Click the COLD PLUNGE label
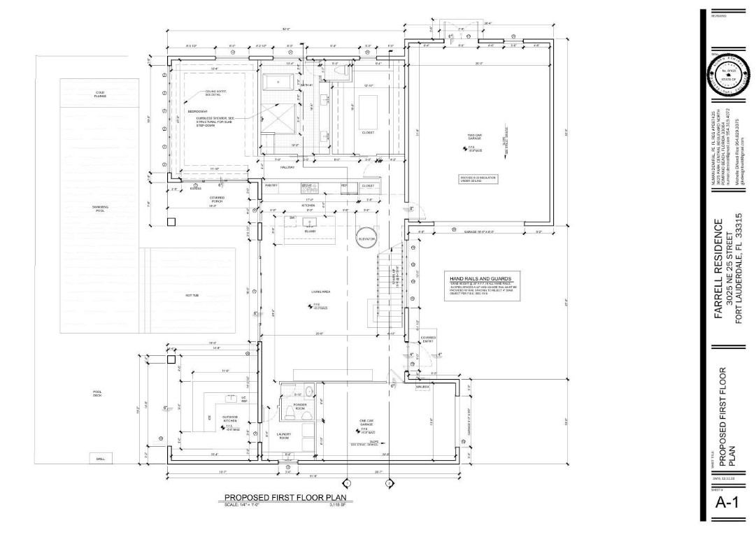click(x=101, y=94)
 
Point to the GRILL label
click(x=100, y=459)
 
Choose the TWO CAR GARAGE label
click(x=476, y=138)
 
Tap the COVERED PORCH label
click(x=217, y=199)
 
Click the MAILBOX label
click(x=422, y=387)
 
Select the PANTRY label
click(x=271, y=185)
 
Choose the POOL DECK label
click(x=98, y=394)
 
